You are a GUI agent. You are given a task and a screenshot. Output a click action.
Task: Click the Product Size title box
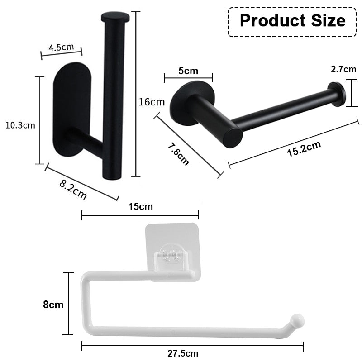pos(292,21)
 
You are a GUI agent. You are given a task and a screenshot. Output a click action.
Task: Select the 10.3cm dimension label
pos(20,125)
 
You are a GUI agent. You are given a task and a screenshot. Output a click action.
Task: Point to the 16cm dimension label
pos(152,102)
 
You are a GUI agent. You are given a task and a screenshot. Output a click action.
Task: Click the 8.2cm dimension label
pos(73,189)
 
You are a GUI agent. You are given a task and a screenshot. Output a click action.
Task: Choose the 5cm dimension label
pos(188,71)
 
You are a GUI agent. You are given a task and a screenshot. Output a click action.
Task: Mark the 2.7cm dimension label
pos(343,69)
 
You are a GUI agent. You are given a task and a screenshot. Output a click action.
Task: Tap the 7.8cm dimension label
pos(178,153)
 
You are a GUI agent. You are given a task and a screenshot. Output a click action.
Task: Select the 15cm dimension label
pos(140,207)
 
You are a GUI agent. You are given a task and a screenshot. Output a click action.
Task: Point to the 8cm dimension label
pos(53,305)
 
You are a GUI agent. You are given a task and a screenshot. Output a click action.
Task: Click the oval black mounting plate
pos(71,111)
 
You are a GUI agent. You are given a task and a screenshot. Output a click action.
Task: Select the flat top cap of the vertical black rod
pos(115,18)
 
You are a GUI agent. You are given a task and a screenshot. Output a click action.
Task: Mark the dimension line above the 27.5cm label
pos(192,346)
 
